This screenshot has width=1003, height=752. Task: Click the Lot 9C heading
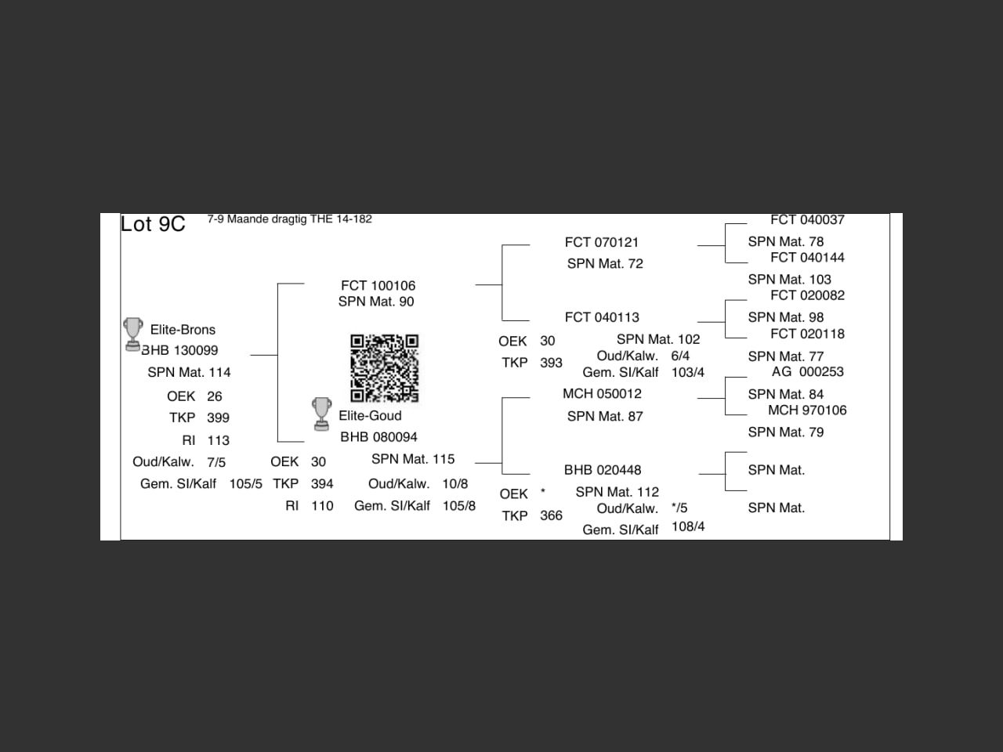153,224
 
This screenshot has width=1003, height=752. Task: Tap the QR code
384,367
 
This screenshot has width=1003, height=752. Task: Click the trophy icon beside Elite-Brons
133,334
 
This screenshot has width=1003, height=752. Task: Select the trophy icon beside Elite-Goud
321,414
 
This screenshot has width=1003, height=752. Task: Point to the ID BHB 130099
179,350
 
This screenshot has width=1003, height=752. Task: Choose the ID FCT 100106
378,286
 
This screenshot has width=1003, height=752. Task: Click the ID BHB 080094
378,437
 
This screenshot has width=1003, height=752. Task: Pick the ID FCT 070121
602,243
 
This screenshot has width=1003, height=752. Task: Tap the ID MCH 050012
602,394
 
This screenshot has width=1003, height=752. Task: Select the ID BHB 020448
603,470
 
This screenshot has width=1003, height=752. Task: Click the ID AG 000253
807,372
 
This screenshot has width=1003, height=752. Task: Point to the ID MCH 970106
807,410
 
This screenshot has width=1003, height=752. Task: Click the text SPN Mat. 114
189,372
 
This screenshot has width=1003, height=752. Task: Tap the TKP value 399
218,418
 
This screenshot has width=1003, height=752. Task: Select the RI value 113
218,440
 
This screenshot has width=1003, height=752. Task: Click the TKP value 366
551,515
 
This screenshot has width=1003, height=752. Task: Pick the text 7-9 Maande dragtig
256,219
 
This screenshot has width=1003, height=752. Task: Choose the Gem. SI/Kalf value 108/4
688,526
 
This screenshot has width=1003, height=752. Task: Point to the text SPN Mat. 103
789,280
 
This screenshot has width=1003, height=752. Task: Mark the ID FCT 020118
807,334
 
